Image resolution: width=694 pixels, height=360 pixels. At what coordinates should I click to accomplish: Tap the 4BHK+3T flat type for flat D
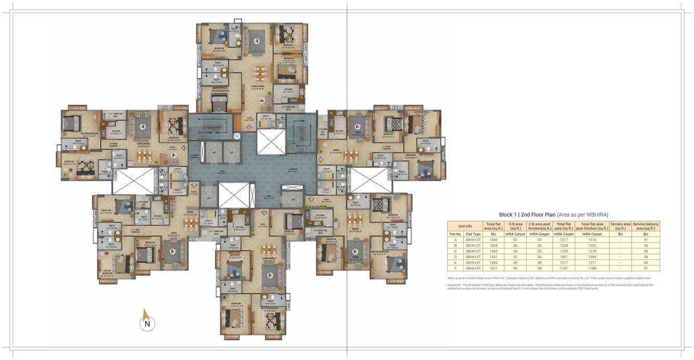(x=473, y=257)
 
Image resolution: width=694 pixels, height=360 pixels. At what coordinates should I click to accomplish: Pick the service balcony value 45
(x=646, y=263)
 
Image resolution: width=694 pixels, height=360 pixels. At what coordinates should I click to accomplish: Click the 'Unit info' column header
(x=465, y=226)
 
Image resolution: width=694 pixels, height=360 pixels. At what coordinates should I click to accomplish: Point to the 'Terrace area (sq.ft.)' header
(x=620, y=226)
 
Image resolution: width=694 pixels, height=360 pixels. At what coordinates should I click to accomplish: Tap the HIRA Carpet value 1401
(x=564, y=257)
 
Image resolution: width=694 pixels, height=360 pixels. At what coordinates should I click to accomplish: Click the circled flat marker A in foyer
(x=249, y=128)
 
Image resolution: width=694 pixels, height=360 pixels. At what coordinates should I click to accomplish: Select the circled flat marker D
(x=264, y=212)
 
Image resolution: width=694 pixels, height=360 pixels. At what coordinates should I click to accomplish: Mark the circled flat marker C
(x=193, y=184)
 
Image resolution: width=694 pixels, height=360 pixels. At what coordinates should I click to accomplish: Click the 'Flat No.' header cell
(x=455, y=234)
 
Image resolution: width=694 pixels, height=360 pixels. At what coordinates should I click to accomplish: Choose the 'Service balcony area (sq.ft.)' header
(x=646, y=226)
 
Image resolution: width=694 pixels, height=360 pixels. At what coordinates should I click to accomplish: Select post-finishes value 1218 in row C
(x=592, y=251)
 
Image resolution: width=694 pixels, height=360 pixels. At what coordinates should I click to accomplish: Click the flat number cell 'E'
(x=455, y=263)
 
